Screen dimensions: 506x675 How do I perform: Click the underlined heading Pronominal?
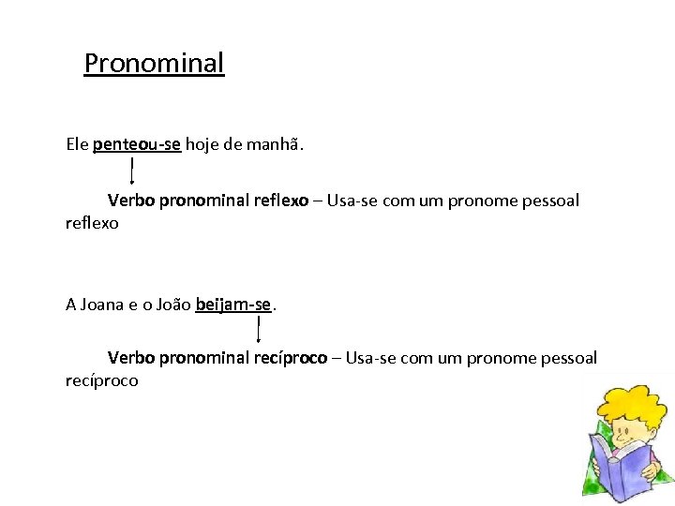click(x=155, y=64)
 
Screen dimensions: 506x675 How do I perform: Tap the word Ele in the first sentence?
click(x=78, y=144)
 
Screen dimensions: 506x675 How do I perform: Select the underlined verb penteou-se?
click(x=137, y=144)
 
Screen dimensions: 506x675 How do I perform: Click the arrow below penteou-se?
click(x=132, y=171)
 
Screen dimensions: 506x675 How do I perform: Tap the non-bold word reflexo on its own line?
click(x=93, y=224)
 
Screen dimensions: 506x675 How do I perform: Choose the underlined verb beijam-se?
click(x=233, y=304)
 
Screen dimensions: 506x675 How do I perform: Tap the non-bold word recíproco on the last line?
click(x=102, y=380)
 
